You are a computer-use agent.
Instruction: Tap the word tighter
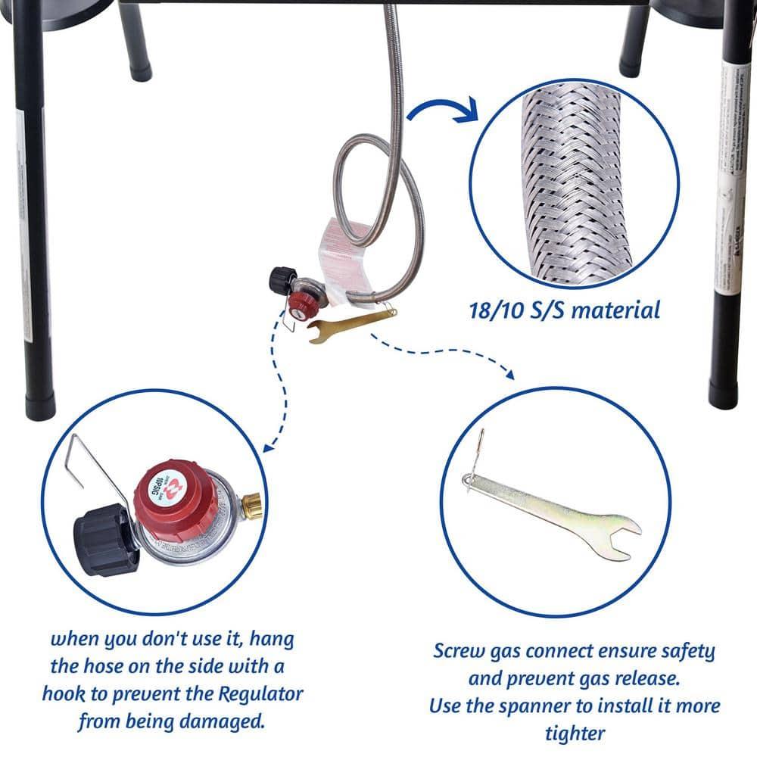click(575, 733)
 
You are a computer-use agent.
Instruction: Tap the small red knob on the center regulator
click(296, 305)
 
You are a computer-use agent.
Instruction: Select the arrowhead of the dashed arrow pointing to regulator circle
click(267, 448)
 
